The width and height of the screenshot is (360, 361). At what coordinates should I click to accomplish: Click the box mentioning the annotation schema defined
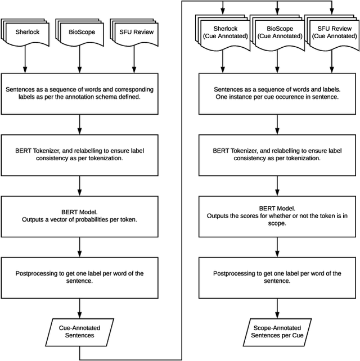[79, 93]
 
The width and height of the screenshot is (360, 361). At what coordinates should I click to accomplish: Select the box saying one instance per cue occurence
[276, 93]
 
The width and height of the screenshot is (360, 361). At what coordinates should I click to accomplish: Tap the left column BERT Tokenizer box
[79, 154]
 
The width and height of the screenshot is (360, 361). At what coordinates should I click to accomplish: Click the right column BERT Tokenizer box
[276, 154]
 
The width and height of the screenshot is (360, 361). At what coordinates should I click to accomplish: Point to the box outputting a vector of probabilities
[79, 216]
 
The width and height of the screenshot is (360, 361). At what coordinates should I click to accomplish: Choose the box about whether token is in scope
[276, 216]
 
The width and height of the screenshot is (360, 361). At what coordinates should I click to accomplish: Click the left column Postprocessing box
[79, 277]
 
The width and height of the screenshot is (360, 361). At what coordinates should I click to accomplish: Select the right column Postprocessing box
[276, 277]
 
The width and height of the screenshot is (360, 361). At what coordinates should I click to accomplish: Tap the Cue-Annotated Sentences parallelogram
[79, 331]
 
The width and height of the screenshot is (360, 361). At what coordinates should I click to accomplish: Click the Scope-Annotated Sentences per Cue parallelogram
[276, 331]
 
